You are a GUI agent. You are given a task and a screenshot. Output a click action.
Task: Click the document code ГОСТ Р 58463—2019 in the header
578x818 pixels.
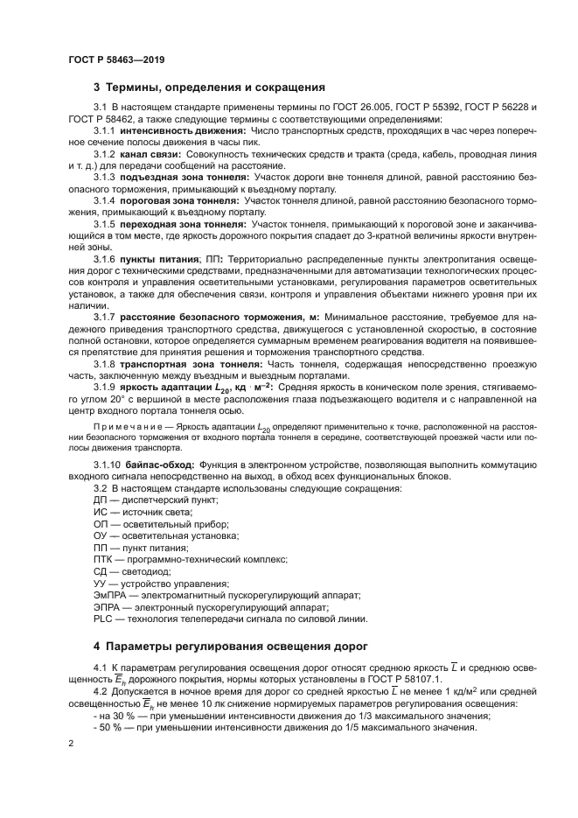click(x=115, y=60)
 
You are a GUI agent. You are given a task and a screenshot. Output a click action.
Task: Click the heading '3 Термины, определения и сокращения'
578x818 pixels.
click(x=209, y=87)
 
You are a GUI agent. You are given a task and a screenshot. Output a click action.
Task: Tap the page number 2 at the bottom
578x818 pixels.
click(x=70, y=744)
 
